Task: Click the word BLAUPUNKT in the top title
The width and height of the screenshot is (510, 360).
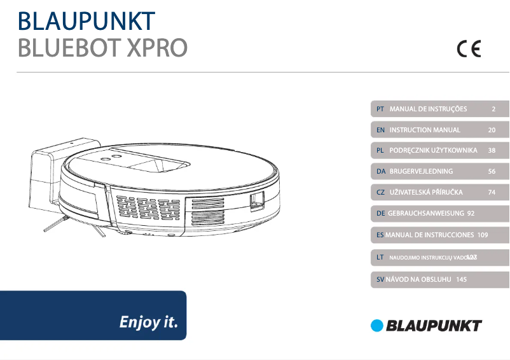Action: tap(86, 21)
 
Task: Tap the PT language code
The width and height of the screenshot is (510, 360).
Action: tap(379, 109)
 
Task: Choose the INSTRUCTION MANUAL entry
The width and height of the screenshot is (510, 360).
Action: tap(425, 130)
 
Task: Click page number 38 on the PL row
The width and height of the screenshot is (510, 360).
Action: tap(492, 151)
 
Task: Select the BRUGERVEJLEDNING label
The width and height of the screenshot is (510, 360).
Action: tap(421, 172)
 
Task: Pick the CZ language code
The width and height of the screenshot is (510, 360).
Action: tap(380, 192)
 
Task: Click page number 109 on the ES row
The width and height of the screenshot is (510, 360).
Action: tap(482, 235)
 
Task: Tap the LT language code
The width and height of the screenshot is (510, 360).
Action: tap(380, 257)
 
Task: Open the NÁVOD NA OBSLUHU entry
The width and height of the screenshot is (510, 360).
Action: tap(418, 279)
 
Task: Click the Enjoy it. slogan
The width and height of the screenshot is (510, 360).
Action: tap(149, 322)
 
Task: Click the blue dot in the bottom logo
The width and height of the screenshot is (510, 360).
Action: tap(378, 326)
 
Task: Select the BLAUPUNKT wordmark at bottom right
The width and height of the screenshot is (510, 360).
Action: tap(434, 326)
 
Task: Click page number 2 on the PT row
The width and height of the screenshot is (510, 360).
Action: tap(493, 109)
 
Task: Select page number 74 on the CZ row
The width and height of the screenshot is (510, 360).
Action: tap(492, 192)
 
